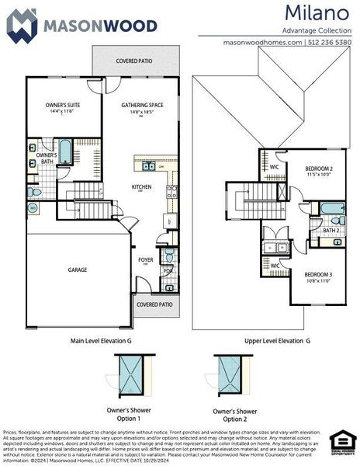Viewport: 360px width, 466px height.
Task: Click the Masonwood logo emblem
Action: coord(22,25)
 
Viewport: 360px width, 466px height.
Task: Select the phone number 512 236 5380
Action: coord(329,42)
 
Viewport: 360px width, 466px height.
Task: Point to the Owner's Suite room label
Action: coord(64,104)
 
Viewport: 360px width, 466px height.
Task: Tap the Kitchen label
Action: coord(141,186)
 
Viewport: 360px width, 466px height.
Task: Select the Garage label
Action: coord(77,270)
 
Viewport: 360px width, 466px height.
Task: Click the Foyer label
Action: coord(145,260)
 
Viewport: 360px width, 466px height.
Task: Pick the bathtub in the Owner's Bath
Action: coord(65,151)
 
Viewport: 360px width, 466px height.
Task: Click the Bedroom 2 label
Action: coord(318,169)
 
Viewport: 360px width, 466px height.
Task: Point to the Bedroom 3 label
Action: coord(317,274)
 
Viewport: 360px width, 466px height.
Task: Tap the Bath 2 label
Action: coord(331,230)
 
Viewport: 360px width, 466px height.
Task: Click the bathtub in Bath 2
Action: coord(332,208)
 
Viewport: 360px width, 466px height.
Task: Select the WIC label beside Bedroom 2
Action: coord(275,166)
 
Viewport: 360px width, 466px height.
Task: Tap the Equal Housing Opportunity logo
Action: coord(341,441)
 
